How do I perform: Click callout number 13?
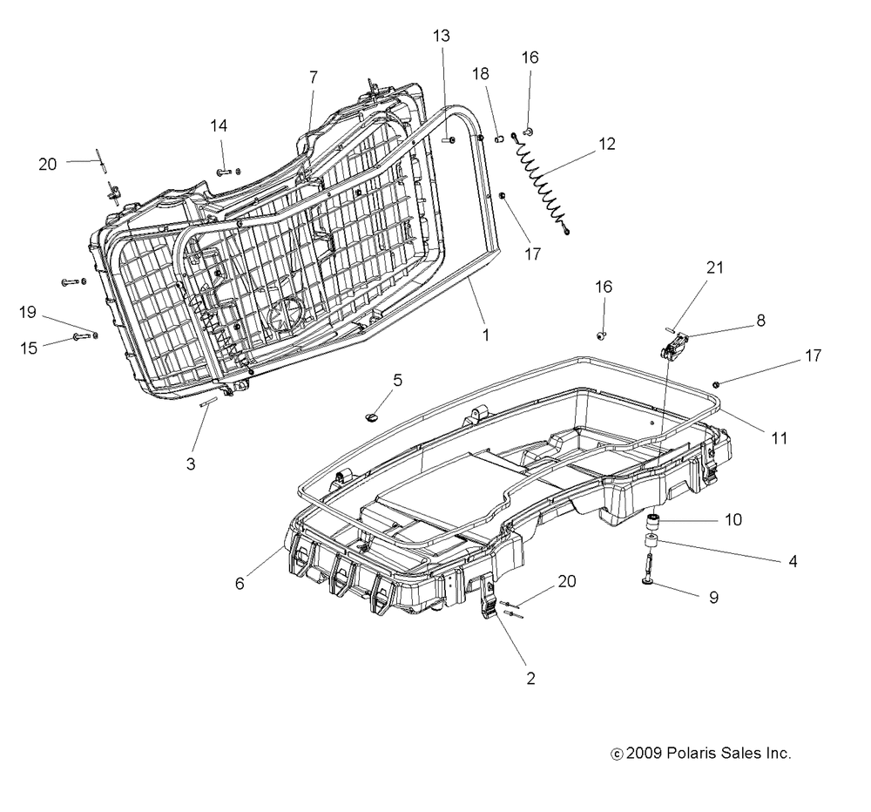click(441, 36)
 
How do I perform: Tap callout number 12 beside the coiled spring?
click(607, 144)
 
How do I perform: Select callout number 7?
click(314, 78)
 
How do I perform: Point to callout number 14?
click(219, 125)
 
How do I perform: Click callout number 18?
click(481, 73)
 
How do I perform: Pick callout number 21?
click(715, 267)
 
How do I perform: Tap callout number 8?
click(761, 320)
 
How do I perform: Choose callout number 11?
click(780, 438)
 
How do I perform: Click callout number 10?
click(733, 519)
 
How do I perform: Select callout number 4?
click(793, 561)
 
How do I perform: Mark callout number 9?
click(714, 598)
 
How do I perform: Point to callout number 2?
click(530, 679)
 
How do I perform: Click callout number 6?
click(240, 583)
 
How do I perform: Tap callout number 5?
click(398, 381)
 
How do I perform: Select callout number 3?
click(191, 464)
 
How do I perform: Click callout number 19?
click(27, 313)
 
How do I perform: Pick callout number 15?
click(29, 348)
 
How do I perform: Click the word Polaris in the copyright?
click(691, 753)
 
